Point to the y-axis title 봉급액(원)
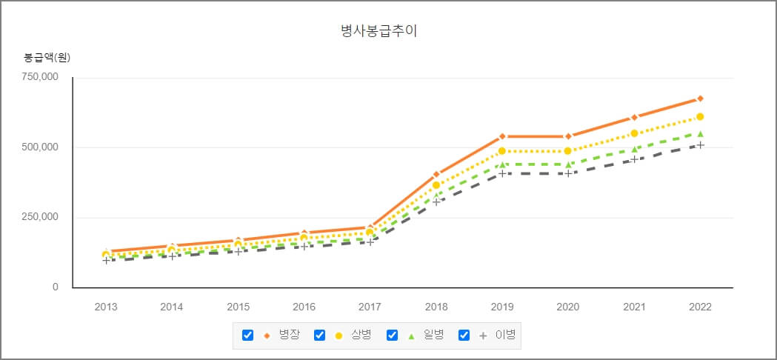(x=47, y=57)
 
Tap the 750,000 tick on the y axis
(x=39, y=77)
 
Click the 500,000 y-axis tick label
(x=39, y=147)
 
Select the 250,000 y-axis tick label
(x=39, y=217)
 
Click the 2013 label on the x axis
(x=106, y=307)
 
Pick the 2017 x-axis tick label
(x=370, y=307)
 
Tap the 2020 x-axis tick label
(x=568, y=307)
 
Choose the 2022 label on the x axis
(x=700, y=307)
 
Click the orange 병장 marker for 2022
(x=700, y=99)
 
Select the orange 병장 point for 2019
(x=502, y=136)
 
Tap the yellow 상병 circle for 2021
(x=634, y=133)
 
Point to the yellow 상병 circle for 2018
(x=436, y=185)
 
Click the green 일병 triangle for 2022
(x=700, y=134)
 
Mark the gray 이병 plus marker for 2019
(x=502, y=173)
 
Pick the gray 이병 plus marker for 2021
(x=634, y=159)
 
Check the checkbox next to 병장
(x=248, y=335)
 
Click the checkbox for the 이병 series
(x=464, y=335)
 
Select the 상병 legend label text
(x=362, y=335)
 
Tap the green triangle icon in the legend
(x=411, y=336)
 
